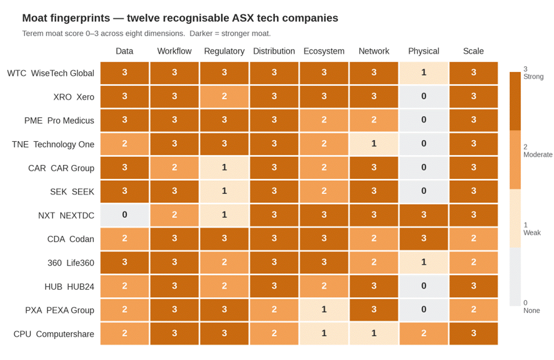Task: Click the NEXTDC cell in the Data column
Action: (x=125, y=215)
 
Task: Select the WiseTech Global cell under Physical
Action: (x=424, y=73)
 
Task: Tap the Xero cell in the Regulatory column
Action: (x=224, y=96)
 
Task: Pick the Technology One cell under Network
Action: (x=374, y=144)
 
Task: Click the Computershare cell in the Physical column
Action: (x=424, y=334)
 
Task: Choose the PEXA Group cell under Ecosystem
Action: (x=324, y=310)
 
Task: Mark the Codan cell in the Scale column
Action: (x=473, y=239)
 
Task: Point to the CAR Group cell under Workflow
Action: (x=174, y=167)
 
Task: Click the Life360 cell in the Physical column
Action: (x=424, y=262)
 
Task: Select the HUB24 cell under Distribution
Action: (x=274, y=286)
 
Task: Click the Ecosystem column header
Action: (x=324, y=51)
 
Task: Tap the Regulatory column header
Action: (x=224, y=51)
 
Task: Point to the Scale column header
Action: (x=473, y=51)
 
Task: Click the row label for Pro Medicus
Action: (x=59, y=120)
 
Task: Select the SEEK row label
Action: (x=72, y=191)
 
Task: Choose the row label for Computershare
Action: (x=54, y=334)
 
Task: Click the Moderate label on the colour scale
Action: (x=538, y=154)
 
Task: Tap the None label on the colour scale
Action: (x=531, y=310)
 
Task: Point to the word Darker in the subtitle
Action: (x=202, y=34)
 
